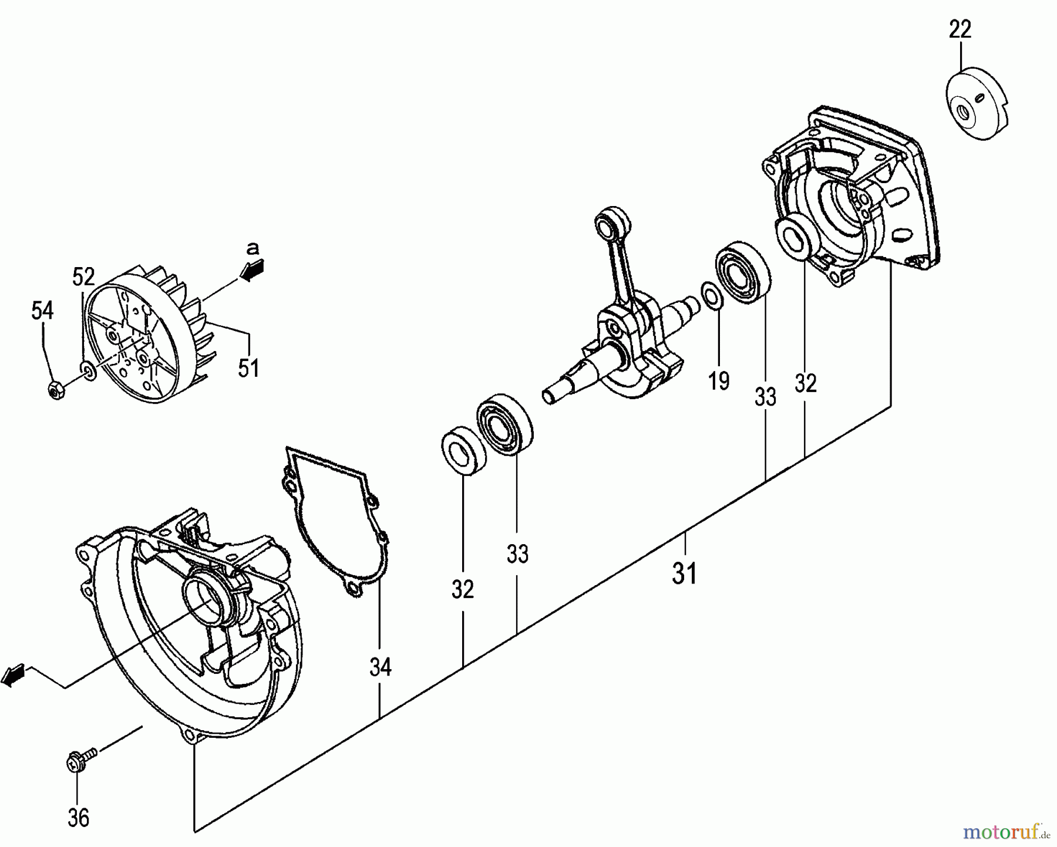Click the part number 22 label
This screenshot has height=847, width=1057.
(x=960, y=29)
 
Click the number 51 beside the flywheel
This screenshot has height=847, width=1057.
(x=248, y=368)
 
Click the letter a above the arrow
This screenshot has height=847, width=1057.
(x=253, y=248)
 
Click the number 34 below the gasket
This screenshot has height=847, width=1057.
(x=381, y=667)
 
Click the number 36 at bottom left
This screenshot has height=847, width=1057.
(x=79, y=817)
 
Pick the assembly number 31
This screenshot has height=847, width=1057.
(x=685, y=573)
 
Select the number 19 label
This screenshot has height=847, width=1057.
(x=719, y=381)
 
